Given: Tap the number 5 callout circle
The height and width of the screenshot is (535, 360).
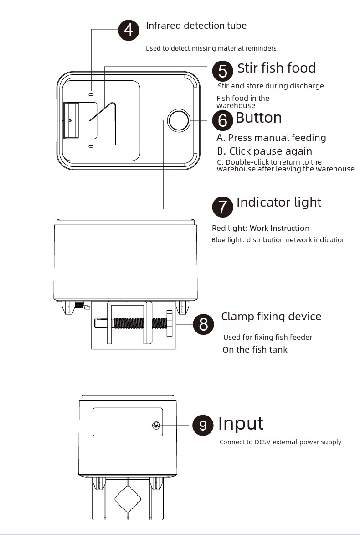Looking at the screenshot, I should (222, 71).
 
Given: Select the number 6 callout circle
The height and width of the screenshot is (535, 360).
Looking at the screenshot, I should (222, 120).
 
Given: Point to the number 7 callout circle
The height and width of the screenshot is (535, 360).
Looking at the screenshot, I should (222, 207).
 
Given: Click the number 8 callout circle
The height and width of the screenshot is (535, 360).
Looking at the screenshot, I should (203, 324).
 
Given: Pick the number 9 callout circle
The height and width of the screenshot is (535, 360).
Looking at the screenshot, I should (203, 425).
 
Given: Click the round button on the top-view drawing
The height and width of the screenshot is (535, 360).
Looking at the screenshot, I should (178, 121).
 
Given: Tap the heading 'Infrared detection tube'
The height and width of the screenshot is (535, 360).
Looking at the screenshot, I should (196, 26).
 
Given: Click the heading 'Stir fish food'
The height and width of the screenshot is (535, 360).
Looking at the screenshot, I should (277, 68).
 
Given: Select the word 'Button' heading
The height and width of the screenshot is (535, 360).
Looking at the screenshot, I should (258, 118).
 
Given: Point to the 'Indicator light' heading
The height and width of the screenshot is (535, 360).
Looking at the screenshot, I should (279, 203).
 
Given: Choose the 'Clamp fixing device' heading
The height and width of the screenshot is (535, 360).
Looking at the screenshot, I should (271, 317).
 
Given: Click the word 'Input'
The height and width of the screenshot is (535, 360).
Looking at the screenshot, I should (241, 423).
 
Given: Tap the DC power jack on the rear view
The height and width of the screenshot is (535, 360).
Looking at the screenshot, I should (156, 425).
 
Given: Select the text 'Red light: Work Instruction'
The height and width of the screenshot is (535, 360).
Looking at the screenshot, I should (261, 228).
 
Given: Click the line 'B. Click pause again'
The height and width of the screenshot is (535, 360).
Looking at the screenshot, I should (264, 151).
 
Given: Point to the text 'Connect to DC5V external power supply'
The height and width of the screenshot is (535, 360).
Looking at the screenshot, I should (280, 442).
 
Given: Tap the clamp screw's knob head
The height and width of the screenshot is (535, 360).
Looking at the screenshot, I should (170, 323).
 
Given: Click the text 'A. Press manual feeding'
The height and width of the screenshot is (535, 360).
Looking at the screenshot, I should (271, 137).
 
